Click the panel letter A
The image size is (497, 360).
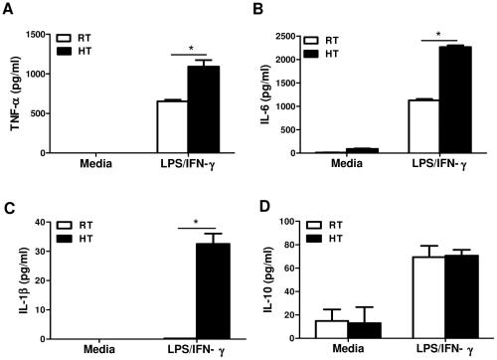8,11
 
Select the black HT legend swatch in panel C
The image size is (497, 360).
70,241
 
